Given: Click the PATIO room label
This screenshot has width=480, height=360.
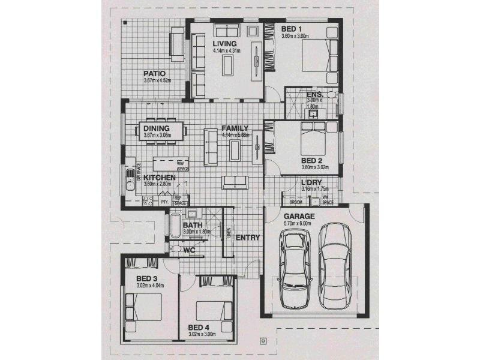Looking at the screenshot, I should coord(154,73).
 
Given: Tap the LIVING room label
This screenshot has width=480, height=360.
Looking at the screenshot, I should coord(225,44).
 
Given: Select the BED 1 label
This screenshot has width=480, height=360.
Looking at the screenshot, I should coord(292,29).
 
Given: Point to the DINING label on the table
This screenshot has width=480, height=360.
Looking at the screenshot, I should coord(157,128).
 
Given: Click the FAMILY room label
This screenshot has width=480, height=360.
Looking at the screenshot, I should coord(235,128).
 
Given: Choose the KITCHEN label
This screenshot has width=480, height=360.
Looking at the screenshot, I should coord(160,178).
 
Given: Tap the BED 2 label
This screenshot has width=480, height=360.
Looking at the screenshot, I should coord(312,161).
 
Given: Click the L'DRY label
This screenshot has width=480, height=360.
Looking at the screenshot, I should coord(312,183).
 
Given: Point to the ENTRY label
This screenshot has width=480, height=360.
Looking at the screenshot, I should coord(248,238).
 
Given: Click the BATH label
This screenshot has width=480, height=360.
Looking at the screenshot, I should coord(193,225).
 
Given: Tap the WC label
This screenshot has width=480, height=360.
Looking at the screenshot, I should coord(190,250).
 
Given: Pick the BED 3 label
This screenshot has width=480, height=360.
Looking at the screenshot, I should coord(146,278).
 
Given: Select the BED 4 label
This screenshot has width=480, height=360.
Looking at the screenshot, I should coord(199,328).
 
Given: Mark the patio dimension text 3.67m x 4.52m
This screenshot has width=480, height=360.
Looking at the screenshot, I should coord(157,80).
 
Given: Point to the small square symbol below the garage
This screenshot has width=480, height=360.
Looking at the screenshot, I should coord(263,342).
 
